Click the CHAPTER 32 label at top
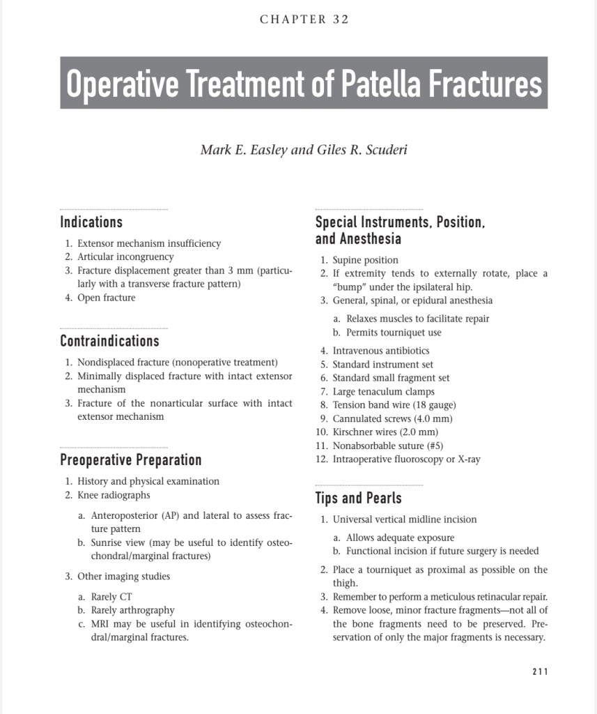(x=304, y=20)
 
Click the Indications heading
(x=91, y=222)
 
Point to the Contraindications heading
(x=109, y=341)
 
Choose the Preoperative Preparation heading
(x=131, y=460)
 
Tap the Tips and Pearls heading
(x=358, y=498)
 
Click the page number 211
(x=540, y=671)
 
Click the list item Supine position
(x=365, y=260)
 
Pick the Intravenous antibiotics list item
(x=380, y=351)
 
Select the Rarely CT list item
(x=111, y=597)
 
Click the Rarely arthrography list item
(x=132, y=610)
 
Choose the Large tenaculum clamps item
(x=383, y=391)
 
